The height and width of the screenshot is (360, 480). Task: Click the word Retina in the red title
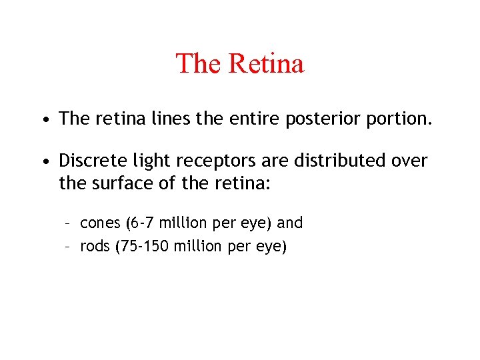pos(266,64)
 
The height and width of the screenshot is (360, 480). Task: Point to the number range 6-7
pos(141,223)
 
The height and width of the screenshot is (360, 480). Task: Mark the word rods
pos(94,247)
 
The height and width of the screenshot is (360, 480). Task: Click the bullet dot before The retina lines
pos(43,121)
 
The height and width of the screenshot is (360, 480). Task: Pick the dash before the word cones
pos(68,223)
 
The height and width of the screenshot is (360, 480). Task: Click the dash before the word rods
pos(68,247)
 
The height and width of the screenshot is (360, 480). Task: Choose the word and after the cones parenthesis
pos(290,223)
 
